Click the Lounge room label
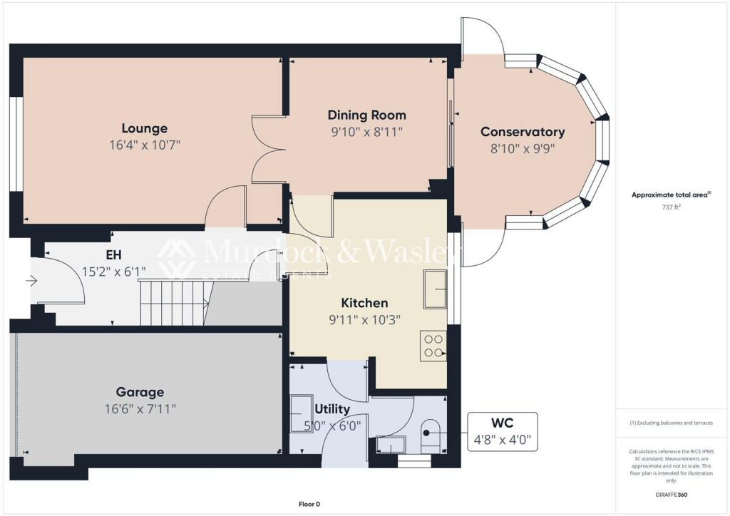[x=144, y=128]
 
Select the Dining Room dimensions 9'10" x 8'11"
[x=366, y=132]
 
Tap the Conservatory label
[x=523, y=132]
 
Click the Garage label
[x=140, y=392]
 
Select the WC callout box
[x=502, y=432]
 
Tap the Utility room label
[x=332, y=409]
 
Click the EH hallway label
[x=113, y=254]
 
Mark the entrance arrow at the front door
[x=31, y=282]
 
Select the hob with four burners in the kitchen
[x=433, y=346]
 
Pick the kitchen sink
[x=435, y=289]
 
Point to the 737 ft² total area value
[x=671, y=207]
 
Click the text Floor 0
[x=309, y=505]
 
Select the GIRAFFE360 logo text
[x=671, y=494]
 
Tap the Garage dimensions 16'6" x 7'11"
[x=140, y=408]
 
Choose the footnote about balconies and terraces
[x=671, y=423]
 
